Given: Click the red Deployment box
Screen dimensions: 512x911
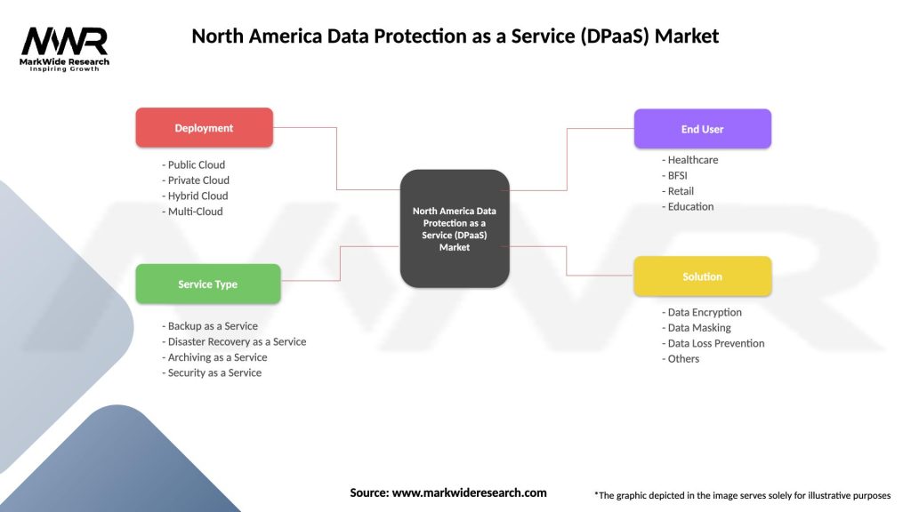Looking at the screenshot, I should point(204,128).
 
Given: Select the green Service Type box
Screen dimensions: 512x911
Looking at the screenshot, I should point(207,284).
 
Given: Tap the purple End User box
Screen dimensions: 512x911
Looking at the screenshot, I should point(702,129).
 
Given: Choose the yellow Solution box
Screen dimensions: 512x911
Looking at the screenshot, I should point(702,276).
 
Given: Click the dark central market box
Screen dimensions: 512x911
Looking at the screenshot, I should point(455,228).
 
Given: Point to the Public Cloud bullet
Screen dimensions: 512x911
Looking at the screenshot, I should point(194,164).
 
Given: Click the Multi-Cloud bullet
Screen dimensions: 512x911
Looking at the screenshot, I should point(193,212).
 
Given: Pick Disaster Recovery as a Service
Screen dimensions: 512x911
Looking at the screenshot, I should point(234,341).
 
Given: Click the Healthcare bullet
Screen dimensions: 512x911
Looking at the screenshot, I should point(690,160).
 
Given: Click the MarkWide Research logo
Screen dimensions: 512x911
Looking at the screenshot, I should point(65,48).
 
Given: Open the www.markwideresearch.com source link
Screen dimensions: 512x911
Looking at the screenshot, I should point(469,492).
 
